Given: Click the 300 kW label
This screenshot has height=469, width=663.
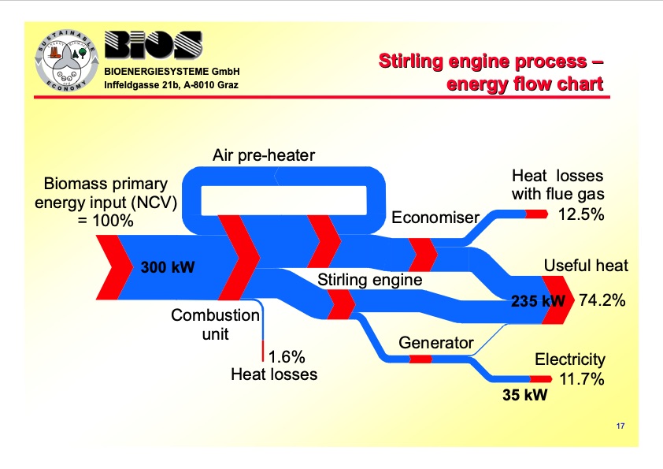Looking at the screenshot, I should [167, 266].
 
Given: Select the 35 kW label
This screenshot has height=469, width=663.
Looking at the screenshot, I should [524, 395].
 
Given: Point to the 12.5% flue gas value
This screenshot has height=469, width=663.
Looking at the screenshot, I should [581, 214].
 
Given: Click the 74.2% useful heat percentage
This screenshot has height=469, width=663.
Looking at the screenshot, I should [602, 300].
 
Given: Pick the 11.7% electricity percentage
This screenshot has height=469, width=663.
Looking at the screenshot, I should [582, 379].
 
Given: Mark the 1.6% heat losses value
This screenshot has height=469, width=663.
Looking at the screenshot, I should [287, 355].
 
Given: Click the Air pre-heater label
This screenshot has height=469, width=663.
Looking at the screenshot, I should [263, 155].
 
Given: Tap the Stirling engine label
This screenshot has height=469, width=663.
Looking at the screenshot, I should [369, 279].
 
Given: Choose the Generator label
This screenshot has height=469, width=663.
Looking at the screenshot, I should [435, 343].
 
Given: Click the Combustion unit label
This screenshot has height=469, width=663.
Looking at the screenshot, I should [215, 324].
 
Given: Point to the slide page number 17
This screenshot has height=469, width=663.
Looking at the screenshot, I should [620, 426].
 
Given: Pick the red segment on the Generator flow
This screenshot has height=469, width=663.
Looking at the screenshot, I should [420, 359].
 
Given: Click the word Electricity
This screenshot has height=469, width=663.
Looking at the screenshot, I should [570, 359].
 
